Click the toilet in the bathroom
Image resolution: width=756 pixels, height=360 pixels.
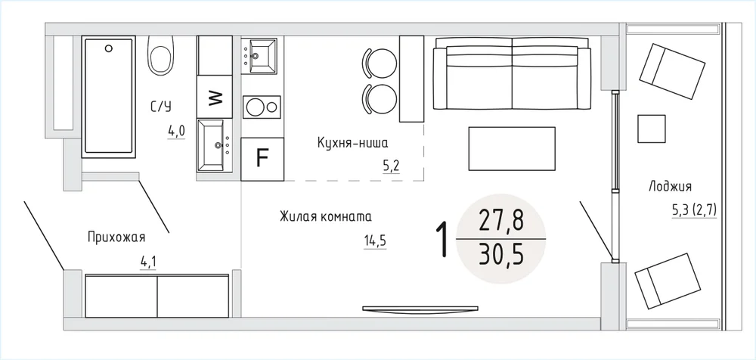click(160, 55)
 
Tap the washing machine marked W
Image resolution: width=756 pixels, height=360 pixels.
click(215, 97)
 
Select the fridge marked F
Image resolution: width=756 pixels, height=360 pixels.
click(262, 159)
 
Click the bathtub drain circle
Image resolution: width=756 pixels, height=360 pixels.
click(108, 48)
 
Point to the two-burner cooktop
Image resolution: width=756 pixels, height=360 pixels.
click(262, 107)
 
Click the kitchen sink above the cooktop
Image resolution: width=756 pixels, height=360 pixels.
click(259, 56)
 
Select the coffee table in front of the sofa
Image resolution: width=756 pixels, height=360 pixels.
click(512, 148)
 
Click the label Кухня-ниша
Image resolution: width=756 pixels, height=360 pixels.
click(352, 143)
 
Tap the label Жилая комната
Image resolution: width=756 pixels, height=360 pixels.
click(326, 216)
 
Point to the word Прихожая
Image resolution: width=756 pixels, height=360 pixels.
click(116, 237)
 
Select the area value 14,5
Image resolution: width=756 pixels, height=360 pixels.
click(376, 241)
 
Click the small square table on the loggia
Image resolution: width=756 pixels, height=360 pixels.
click(652, 129)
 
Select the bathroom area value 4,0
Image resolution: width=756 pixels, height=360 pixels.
click(176, 132)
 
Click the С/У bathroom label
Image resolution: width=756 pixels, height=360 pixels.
click(161, 106)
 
